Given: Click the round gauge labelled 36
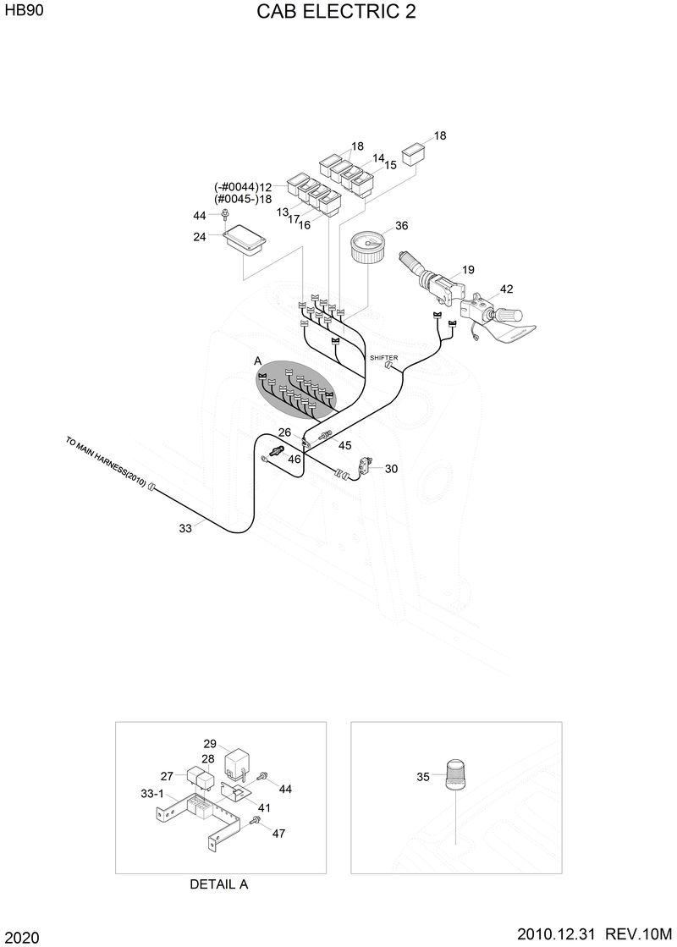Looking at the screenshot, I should point(366,249).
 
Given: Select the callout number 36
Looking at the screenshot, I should point(401,226).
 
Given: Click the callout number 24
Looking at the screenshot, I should point(200,237).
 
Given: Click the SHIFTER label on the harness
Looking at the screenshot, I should point(383,358).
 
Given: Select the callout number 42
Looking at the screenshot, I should point(506,289).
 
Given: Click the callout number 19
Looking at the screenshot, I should point(468,270).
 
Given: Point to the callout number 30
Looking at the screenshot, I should point(391,468).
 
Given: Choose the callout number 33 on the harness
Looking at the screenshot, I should point(185,528).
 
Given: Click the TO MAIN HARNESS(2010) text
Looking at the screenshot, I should point(107,463).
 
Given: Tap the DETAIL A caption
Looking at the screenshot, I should point(218,884).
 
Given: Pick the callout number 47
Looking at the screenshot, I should point(278,834).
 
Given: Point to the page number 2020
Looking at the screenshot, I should point(19,938).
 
